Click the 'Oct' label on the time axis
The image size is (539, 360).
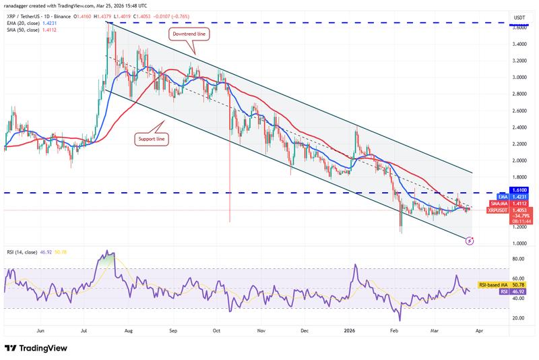coord(217,332)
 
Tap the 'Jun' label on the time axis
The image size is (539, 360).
coord(41,332)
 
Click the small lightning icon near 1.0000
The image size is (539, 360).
coord(470,240)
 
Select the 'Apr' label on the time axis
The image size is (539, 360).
coord(480,332)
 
